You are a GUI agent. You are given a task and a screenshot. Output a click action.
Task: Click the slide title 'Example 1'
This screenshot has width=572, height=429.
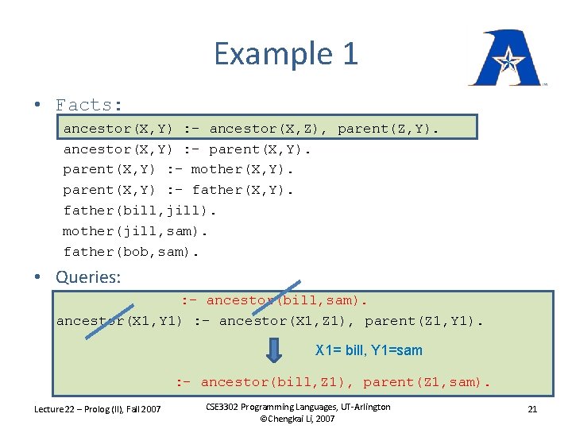coord(286,54)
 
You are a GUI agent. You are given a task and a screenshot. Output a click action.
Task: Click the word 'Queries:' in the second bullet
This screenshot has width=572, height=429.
coord(88,277)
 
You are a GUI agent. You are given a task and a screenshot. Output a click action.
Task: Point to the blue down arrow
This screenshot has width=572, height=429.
coord(274,350)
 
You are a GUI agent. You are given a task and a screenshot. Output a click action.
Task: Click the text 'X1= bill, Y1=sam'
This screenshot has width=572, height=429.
coord(369,350)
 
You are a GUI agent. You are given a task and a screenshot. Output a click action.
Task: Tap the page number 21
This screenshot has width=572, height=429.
coord(532,409)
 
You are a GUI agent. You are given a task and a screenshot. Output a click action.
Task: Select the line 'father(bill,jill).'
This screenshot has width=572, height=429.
coord(140,211)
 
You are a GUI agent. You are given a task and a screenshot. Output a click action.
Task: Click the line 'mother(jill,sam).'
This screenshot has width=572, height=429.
coord(135,231)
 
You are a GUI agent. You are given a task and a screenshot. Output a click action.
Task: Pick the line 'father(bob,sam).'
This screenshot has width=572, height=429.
coord(131,252)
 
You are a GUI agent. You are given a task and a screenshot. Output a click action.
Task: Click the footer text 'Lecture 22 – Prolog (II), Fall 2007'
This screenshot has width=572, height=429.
coord(97,409)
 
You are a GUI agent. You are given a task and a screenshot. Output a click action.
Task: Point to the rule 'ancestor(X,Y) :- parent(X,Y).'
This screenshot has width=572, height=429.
coord(187,149)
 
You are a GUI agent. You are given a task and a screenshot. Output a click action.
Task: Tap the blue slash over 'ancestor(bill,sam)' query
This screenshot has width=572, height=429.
coord(282,299)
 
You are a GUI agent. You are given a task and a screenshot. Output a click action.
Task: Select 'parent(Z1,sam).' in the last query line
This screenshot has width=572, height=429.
coord(427,382)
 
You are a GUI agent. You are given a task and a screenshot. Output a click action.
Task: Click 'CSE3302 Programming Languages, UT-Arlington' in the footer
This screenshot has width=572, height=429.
coord(298,407)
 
